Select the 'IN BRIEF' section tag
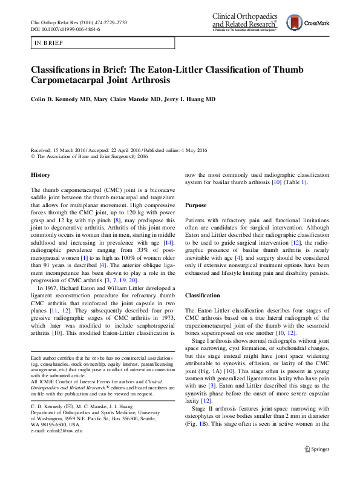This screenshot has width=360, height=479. point(48,43)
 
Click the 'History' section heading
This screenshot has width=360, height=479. point(40,175)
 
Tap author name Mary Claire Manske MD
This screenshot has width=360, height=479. point(129,99)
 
